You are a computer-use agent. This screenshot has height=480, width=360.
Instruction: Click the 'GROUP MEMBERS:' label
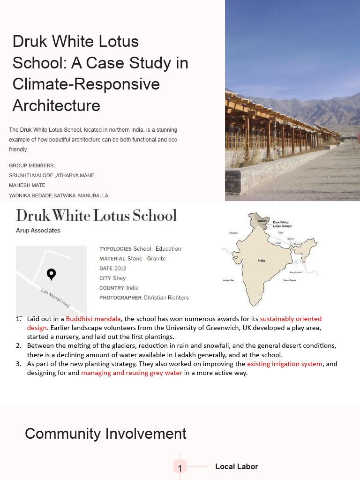pyautogui.click(x=32, y=165)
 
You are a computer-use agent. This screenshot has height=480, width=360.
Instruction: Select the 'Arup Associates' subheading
pyautogui.click(x=38, y=231)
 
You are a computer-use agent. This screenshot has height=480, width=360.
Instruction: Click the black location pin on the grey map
pyautogui.click(x=52, y=274)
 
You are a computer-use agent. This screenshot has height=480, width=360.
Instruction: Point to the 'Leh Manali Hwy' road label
pyautogui.click(x=55, y=298)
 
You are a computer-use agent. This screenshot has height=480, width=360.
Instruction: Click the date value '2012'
pyautogui.click(x=120, y=268)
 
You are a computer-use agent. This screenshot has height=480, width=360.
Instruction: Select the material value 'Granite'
pyautogui.click(x=157, y=258)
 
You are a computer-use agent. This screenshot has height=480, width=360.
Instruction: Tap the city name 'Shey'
pyautogui.click(x=120, y=278)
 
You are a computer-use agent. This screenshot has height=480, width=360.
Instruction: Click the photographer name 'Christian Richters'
pyautogui.click(x=166, y=298)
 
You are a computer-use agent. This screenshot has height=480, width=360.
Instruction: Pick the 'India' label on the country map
pyautogui.click(x=262, y=261)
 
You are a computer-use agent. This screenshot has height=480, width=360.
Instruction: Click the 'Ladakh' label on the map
pyautogui.click(x=262, y=220)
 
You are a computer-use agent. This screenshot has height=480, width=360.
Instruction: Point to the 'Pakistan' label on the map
pyautogui.click(x=233, y=232)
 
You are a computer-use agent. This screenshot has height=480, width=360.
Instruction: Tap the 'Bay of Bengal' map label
pyautogui.click(x=290, y=280)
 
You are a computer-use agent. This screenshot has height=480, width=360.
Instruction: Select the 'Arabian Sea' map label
pyautogui.click(x=228, y=280)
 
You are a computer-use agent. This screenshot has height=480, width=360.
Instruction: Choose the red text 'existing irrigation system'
pyautogui.click(x=285, y=364)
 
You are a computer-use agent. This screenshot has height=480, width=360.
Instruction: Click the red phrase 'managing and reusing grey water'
pyautogui.click(x=132, y=373)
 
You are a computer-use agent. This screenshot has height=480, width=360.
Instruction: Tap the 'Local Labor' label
pyautogui.click(x=236, y=466)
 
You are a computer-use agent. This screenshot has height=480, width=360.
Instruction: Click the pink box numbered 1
pyautogui.click(x=180, y=467)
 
